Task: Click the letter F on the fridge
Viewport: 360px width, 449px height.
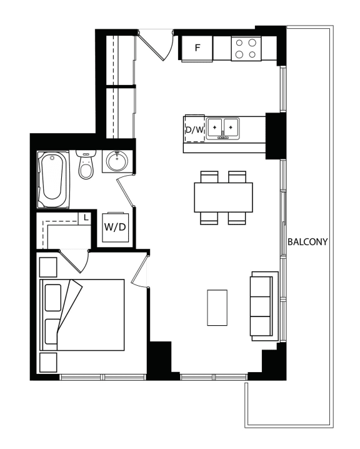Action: pos(197,48)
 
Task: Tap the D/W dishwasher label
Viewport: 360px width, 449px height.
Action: pos(194,130)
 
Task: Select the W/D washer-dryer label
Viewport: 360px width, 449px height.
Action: pos(115,227)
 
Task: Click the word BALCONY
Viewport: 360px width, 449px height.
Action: pos(307,242)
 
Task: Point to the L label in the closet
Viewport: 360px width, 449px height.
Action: pos(86,218)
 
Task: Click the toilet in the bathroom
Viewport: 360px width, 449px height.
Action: pos(86,164)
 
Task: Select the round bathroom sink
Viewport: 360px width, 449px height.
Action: pos(117,161)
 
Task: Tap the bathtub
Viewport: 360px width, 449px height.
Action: pos(53,179)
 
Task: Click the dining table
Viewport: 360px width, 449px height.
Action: pos(224,197)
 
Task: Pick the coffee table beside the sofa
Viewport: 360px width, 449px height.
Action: pos(217,308)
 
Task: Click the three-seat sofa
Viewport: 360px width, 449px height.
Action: pos(264,306)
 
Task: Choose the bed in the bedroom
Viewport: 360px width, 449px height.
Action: pos(82,315)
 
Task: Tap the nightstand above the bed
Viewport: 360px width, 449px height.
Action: pos(48,267)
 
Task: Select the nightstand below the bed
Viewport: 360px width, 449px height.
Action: pos(48,363)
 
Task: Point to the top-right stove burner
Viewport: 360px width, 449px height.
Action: pos(252,43)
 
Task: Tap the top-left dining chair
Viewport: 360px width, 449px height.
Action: pos(209,177)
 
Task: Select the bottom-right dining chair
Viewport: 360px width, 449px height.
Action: pos(237,218)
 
